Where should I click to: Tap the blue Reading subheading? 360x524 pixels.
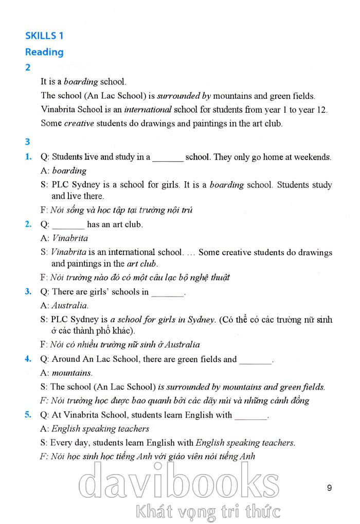(x=44, y=52)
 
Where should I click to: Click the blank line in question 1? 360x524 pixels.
(x=168, y=158)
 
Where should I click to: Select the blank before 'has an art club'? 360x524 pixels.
(x=68, y=225)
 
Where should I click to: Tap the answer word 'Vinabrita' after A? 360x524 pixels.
(x=70, y=238)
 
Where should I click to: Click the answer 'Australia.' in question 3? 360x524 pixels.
(x=70, y=305)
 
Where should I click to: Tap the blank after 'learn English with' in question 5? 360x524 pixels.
(x=251, y=415)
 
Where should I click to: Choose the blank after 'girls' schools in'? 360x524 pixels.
(x=168, y=292)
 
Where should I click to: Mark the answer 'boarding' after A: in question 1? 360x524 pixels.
(x=69, y=171)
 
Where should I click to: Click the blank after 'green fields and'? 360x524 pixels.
(x=256, y=360)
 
